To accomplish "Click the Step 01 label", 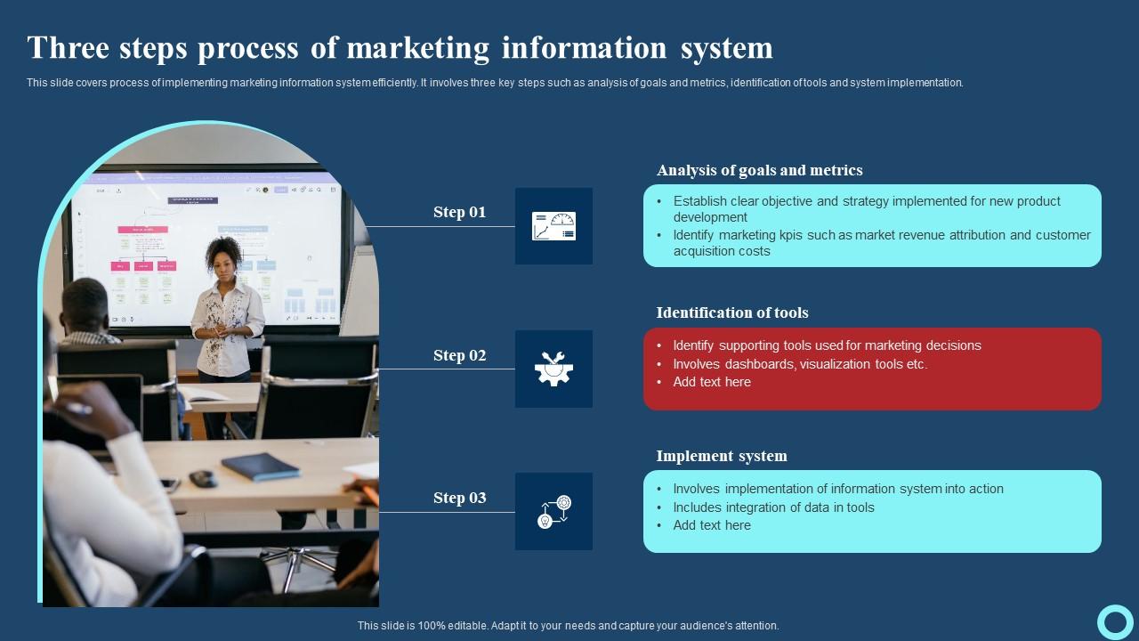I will (x=459, y=212).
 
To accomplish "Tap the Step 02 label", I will (x=459, y=355).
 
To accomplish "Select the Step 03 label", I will (x=459, y=498).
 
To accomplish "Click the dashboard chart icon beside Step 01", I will (x=553, y=226).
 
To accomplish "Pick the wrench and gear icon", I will (x=553, y=369).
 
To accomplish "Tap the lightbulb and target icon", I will (x=553, y=512).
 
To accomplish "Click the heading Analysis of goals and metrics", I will (x=759, y=170).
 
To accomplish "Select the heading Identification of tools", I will (x=731, y=312).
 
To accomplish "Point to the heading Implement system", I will (x=721, y=456).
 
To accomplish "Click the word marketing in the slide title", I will (x=418, y=47).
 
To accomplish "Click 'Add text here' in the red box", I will (x=711, y=382).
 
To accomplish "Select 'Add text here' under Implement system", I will (x=711, y=525).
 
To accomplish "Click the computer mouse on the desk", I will (x=203, y=478).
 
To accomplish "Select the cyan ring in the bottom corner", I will (x=1114, y=621).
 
